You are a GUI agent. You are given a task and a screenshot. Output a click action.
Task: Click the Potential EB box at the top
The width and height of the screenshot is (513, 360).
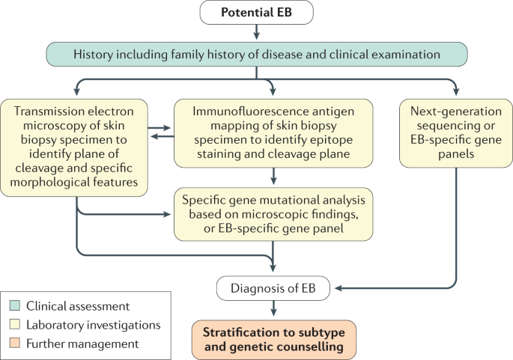click(256, 13)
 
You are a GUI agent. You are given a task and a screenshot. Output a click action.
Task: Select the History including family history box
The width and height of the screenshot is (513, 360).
click(256, 54)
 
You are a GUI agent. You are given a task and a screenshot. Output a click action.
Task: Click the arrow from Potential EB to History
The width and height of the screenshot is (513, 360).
click(256, 32)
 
